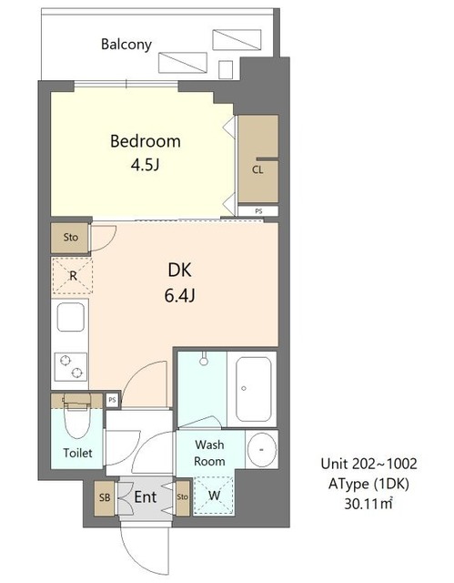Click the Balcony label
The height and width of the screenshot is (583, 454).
(x=126, y=45)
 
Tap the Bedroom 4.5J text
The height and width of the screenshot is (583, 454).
(x=146, y=152)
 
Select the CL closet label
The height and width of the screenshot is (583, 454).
(x=257, y=170)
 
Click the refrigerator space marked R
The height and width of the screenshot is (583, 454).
(x=73, y=276)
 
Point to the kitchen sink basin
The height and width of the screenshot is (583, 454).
(x=71, y=317)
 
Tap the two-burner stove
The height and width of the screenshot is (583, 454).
(x=71, y=366)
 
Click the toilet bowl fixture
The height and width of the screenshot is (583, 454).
(x=77, y=415)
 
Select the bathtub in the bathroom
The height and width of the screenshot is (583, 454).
(x=253, y=389)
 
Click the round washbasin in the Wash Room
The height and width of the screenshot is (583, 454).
(x=262, y=449)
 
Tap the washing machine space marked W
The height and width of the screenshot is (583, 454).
(x=214, y=496)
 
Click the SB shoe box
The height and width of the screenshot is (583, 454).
(x=105, y=498)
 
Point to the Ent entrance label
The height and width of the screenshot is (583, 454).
(x=146, y=497)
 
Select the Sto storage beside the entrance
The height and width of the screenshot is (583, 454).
(x=183, y=498)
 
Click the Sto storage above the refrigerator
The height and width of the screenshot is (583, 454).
(x=71, y=238)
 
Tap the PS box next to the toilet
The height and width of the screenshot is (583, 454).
(x=113, y=400)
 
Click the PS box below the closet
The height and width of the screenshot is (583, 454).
(x=258, y=210)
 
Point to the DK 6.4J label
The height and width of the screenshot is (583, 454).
(x=179, y=282)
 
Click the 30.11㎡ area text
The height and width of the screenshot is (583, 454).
(x=368, y=504)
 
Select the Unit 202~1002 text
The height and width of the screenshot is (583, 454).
(x=368, y=464)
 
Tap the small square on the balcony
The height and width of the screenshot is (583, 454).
(x=226, y=69)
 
